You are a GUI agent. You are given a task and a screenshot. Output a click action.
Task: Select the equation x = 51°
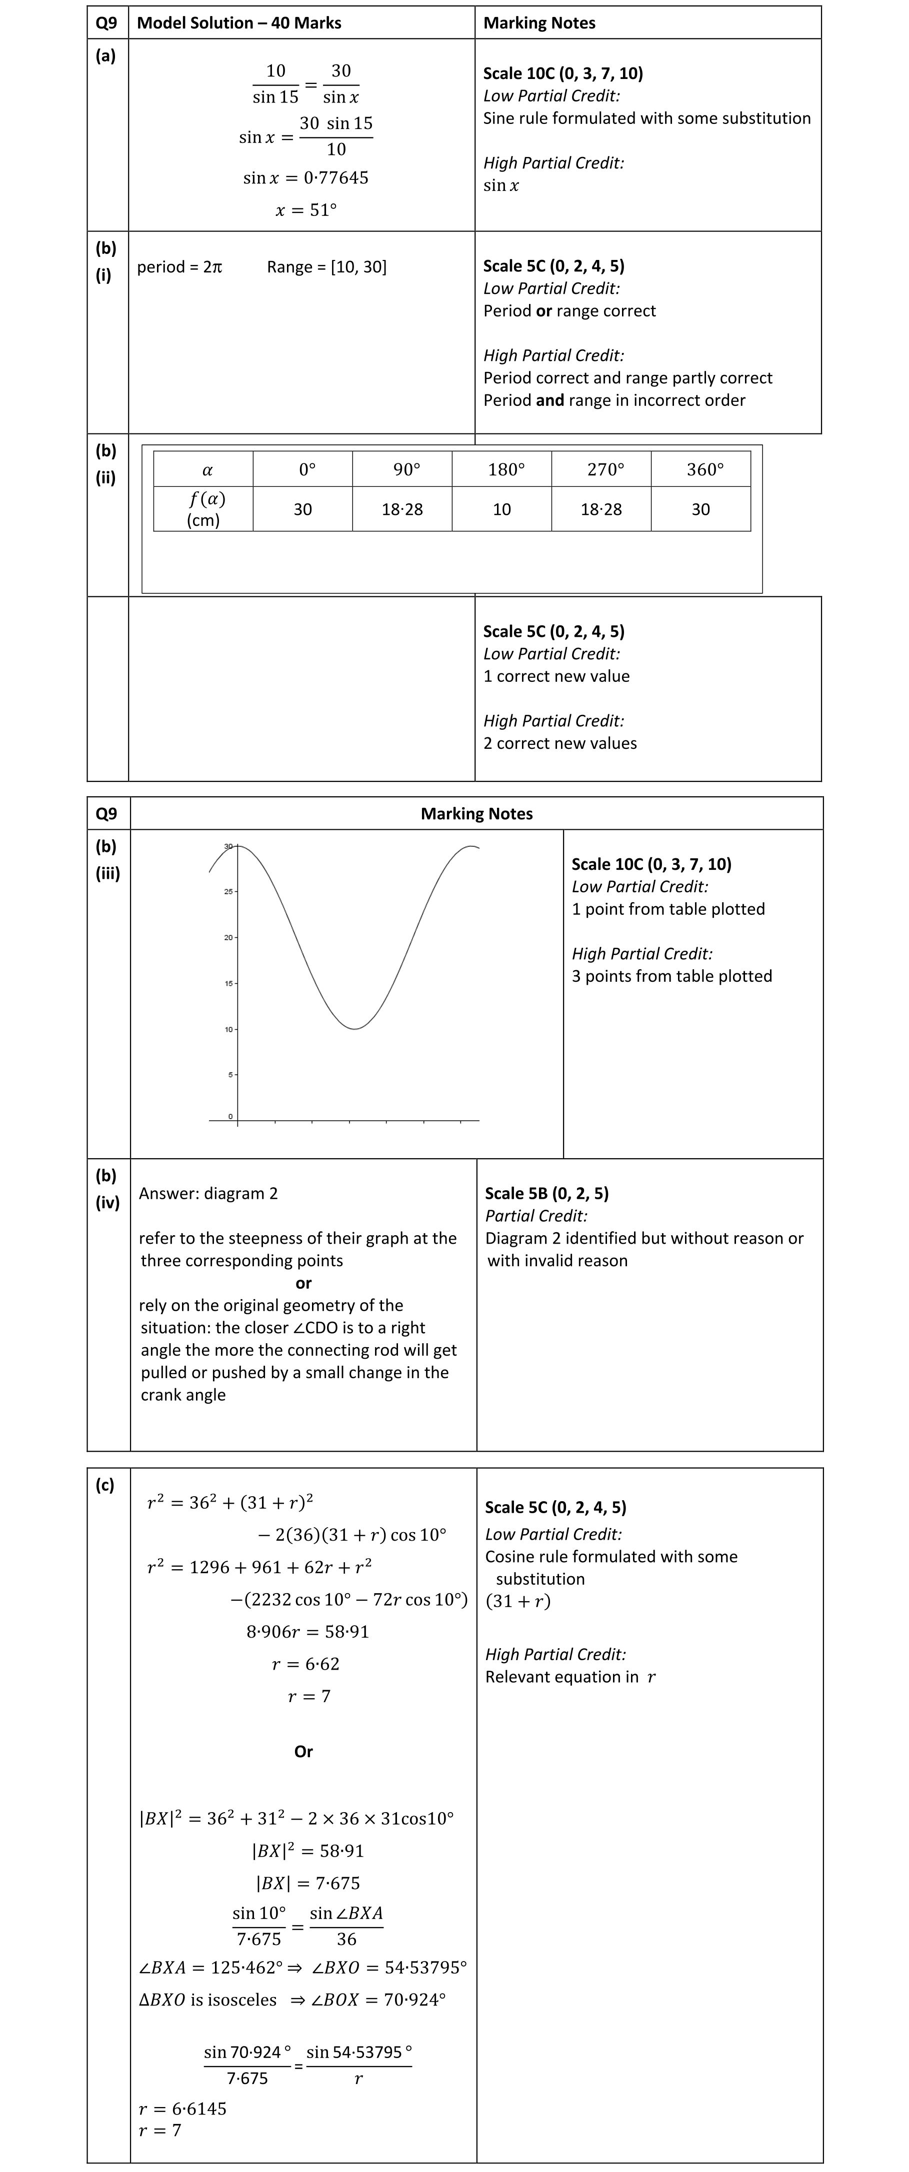(305, 210)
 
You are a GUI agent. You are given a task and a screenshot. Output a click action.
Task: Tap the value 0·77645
(335, 178)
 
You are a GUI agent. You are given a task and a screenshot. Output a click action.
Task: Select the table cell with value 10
(501, 509)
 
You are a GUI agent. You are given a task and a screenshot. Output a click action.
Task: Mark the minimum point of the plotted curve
(355, 1029)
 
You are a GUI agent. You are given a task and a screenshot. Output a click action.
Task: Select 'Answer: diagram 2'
(208, 1193)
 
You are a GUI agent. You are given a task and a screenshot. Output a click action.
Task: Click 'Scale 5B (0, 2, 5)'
(546, 1193)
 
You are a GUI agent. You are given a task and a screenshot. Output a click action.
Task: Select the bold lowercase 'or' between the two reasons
(303, 1283)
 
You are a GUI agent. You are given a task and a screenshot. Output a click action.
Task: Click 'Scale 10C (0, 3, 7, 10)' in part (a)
(562, 73)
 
